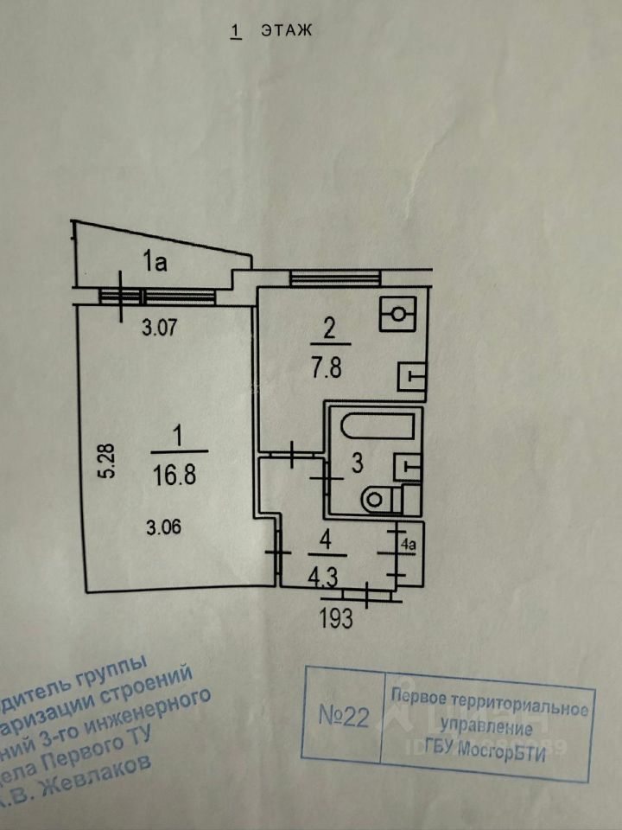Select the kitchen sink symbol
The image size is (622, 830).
(x=409, y=376)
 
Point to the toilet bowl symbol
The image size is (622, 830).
(x=381, y=499)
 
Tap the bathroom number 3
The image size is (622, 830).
(x=357, y=463)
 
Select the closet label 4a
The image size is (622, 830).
(x=409, y=546)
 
